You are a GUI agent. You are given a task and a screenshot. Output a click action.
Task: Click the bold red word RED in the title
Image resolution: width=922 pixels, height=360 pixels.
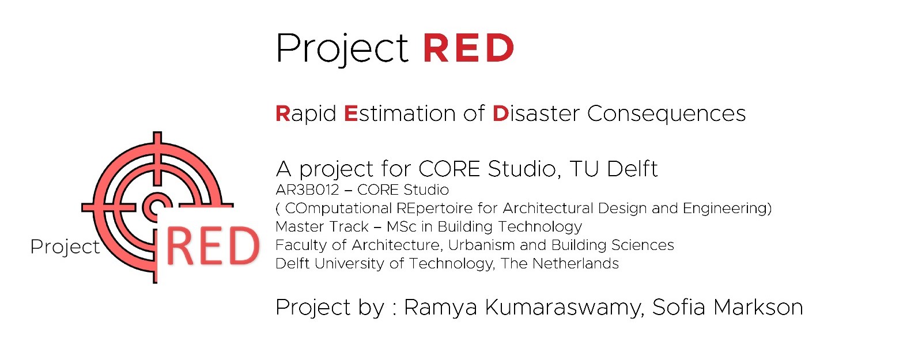point(468,48)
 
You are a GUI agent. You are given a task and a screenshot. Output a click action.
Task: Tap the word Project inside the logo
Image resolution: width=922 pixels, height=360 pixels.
point(65,247)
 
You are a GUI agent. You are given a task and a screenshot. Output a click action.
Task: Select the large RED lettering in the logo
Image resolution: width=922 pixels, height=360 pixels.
point(213,247)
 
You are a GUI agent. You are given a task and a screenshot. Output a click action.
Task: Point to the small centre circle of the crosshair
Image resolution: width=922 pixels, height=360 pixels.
point(155,206)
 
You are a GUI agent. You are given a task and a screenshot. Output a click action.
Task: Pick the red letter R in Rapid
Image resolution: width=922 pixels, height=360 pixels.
point(282,113)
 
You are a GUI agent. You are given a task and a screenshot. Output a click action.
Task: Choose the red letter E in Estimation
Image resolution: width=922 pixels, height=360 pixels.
point(351,113)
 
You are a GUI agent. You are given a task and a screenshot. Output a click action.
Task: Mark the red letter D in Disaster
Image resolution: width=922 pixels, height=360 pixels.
point(500,113)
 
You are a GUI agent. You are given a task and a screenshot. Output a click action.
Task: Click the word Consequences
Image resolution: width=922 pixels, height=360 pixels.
point(666,114)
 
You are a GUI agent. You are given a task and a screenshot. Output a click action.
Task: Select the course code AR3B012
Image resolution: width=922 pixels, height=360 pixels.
point(307,190)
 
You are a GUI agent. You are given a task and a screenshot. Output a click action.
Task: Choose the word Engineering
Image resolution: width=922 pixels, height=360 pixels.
point(727,209)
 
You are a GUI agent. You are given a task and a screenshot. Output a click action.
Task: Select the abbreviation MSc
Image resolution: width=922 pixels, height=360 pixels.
point(401,227)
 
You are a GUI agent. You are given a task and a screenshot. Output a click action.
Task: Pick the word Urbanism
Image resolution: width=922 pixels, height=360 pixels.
point(481,245)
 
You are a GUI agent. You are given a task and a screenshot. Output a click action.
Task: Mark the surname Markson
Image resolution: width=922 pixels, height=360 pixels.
point(758,308)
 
